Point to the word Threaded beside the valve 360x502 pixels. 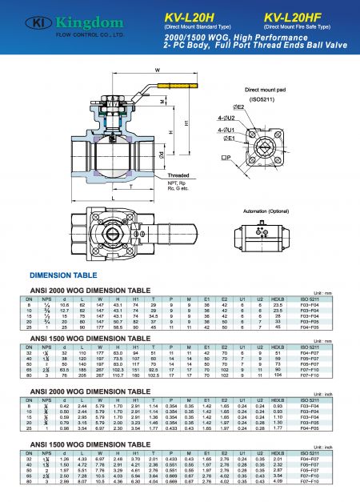[202, 173]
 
